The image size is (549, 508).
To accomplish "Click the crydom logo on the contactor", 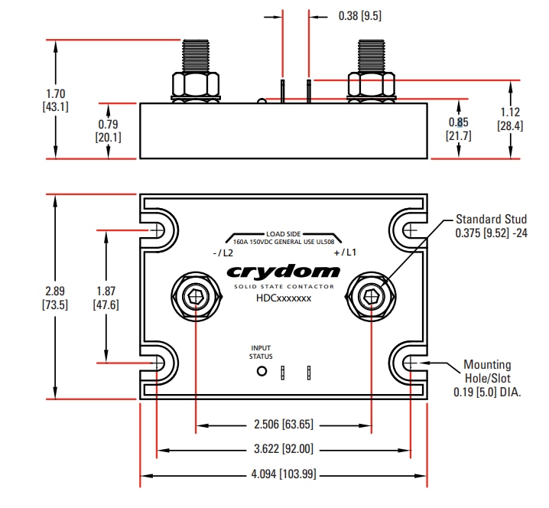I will point(283,272).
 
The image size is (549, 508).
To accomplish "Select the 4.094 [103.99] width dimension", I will point(283,474).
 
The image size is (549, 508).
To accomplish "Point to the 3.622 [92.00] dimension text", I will point(283,449).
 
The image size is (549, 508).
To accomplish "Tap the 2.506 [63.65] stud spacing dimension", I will point(283,424).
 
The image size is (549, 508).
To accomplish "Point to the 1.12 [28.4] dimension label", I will point(510,119).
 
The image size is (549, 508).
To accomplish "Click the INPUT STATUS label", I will point(261,352).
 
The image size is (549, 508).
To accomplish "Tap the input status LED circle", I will point(262,372).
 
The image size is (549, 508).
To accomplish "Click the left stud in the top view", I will point(197,297).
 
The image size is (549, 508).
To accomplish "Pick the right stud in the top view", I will point(371,297).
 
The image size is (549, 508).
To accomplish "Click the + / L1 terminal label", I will point(345,253).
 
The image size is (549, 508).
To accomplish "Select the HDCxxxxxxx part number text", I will point(284,299).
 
